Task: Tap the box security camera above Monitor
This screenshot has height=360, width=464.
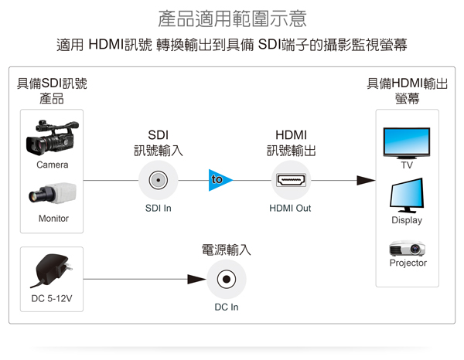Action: click(53, 194)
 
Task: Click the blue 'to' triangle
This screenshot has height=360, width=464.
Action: click(218, 180)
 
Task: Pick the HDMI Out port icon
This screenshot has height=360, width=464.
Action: click(290, 181)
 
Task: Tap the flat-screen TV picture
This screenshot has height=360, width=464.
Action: click(407, 142)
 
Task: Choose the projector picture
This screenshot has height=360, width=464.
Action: click(408, 248)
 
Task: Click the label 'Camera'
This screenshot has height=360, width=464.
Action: click(53, 165)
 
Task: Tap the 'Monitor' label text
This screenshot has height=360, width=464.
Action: click(53, 219)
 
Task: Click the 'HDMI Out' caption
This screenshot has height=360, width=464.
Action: click(290, 208)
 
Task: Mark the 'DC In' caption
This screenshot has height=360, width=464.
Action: click(227, 307)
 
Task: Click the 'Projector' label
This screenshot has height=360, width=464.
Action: click(408, 263)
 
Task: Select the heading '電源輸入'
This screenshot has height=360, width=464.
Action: click(227, 250)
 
